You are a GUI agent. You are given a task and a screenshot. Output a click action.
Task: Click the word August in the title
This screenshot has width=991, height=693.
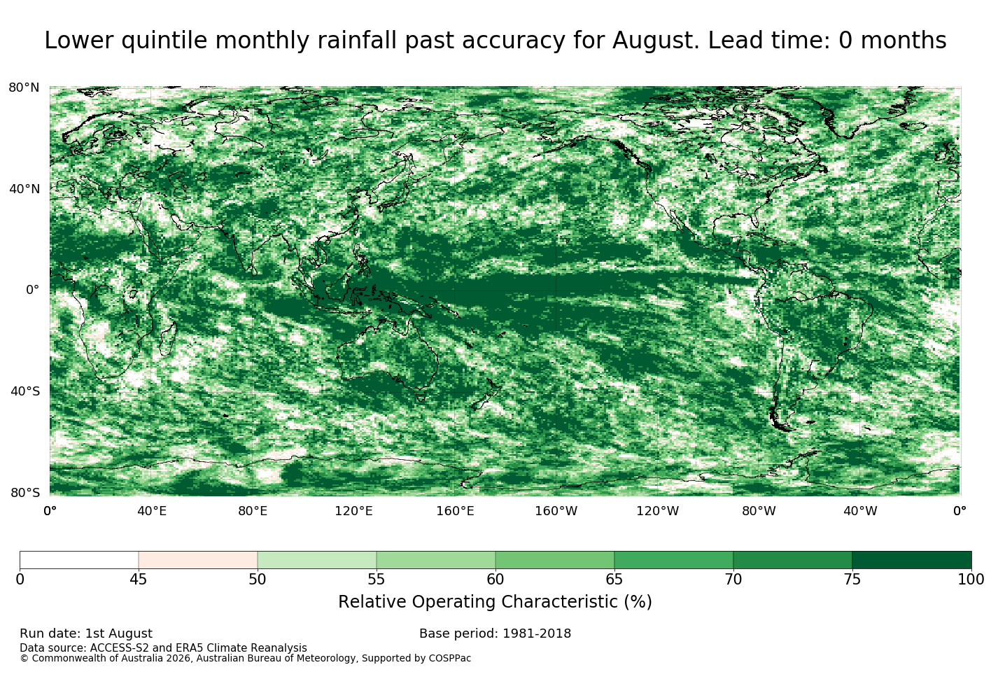[656, 41]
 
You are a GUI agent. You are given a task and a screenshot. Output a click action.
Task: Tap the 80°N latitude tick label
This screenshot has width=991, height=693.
[24, 87]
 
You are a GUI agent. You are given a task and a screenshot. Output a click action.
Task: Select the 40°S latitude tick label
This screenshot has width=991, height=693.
[25, 391]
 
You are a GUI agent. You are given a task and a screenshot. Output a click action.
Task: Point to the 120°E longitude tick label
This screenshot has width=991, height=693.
[353, 511]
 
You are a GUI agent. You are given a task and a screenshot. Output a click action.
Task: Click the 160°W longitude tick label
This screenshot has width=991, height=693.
[556, 511]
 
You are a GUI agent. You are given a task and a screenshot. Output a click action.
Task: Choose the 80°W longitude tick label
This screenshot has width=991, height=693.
[759, 511]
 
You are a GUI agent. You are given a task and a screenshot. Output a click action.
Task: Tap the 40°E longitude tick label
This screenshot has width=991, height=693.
[152, 511]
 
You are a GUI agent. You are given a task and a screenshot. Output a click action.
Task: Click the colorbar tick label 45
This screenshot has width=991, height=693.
[139, 580]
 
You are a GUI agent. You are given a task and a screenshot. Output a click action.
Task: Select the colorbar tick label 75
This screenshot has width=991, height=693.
[852, 580]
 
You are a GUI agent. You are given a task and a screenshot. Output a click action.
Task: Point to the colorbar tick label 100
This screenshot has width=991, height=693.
[971, 580]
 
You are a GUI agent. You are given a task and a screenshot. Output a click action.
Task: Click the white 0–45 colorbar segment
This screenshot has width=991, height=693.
[79, 560]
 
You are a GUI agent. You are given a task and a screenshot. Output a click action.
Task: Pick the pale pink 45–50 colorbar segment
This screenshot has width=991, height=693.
[198, 560]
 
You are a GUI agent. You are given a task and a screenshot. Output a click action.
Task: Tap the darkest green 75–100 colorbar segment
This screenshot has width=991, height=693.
[912, 560]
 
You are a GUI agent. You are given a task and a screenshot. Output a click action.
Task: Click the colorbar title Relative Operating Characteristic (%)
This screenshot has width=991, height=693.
[495, 602]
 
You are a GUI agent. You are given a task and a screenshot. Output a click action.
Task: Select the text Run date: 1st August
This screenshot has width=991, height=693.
[86, 633]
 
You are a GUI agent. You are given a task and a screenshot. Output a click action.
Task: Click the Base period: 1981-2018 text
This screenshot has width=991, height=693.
[495, 633]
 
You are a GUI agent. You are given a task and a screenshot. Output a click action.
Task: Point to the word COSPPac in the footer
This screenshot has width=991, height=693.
[449, 659]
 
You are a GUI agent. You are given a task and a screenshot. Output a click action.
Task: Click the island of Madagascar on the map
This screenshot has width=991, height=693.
[169, 339]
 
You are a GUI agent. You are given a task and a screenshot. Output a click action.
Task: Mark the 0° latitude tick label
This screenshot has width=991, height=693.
[33, 290]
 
